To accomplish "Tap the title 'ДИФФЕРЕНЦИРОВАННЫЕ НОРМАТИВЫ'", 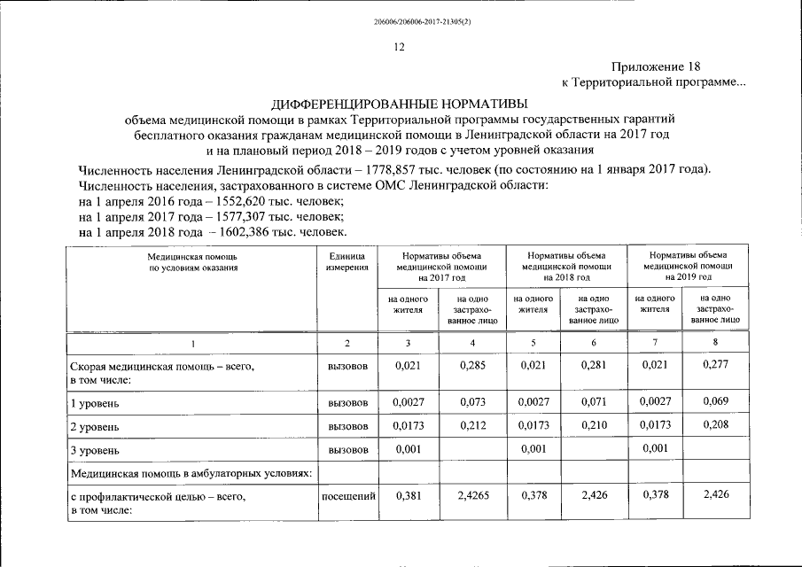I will (x=400, y=103).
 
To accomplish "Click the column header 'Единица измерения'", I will (x=346, y=261).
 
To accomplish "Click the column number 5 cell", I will (x=533, y=343).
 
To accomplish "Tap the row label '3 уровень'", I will (x=94, y=451).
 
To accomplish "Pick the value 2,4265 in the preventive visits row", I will (x=472, y=497).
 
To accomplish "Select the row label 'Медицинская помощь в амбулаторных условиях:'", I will (x=191, y=474).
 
